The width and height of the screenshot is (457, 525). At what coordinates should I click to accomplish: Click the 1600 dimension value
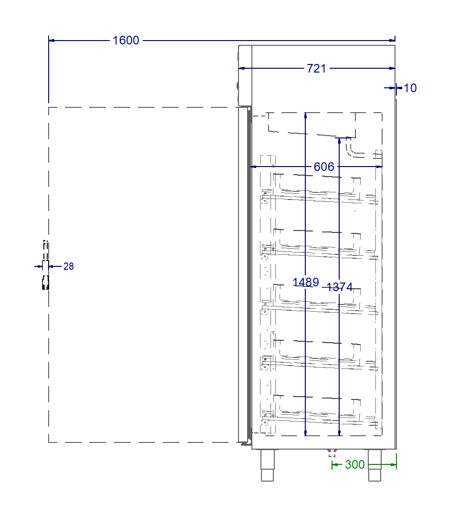tap(126, 41)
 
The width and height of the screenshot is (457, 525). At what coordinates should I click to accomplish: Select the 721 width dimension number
tap(316, 69)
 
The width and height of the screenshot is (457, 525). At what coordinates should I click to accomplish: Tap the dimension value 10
tap(410, 88)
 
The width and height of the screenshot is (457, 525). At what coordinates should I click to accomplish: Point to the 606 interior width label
tap(324, 167)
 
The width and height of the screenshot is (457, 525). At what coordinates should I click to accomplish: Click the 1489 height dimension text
tap(305, 282)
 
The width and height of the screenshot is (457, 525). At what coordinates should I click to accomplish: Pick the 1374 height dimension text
tap(339, 287)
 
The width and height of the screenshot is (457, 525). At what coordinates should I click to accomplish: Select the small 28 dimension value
tap(69, 266)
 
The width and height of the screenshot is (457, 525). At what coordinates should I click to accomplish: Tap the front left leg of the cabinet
tap(267, 465)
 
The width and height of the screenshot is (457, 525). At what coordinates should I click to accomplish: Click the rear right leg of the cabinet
tap(374, 465)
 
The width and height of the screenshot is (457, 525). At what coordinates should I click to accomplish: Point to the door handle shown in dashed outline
tap(45, 265)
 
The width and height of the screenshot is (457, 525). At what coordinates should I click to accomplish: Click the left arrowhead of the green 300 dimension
tap(334, 464)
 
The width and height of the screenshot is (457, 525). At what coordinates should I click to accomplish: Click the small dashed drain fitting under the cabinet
tap(332, 452)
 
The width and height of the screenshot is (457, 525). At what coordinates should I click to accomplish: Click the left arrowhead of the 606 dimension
tap(253, 167)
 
